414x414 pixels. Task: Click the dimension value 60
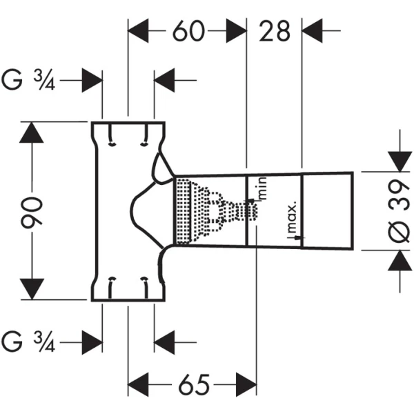pyautogui.click(x=188, y=31)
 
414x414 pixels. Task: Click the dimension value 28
pyautogui.click(x=274, y=31)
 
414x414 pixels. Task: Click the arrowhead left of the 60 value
pyautogui.click(x=141, y=31)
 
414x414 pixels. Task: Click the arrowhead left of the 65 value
pyautogui.click(x=141, y=384)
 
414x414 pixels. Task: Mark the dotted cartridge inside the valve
pyautogui.click(x=207, y=210)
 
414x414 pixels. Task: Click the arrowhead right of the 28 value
pyautogui.click(x=314, y=31)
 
